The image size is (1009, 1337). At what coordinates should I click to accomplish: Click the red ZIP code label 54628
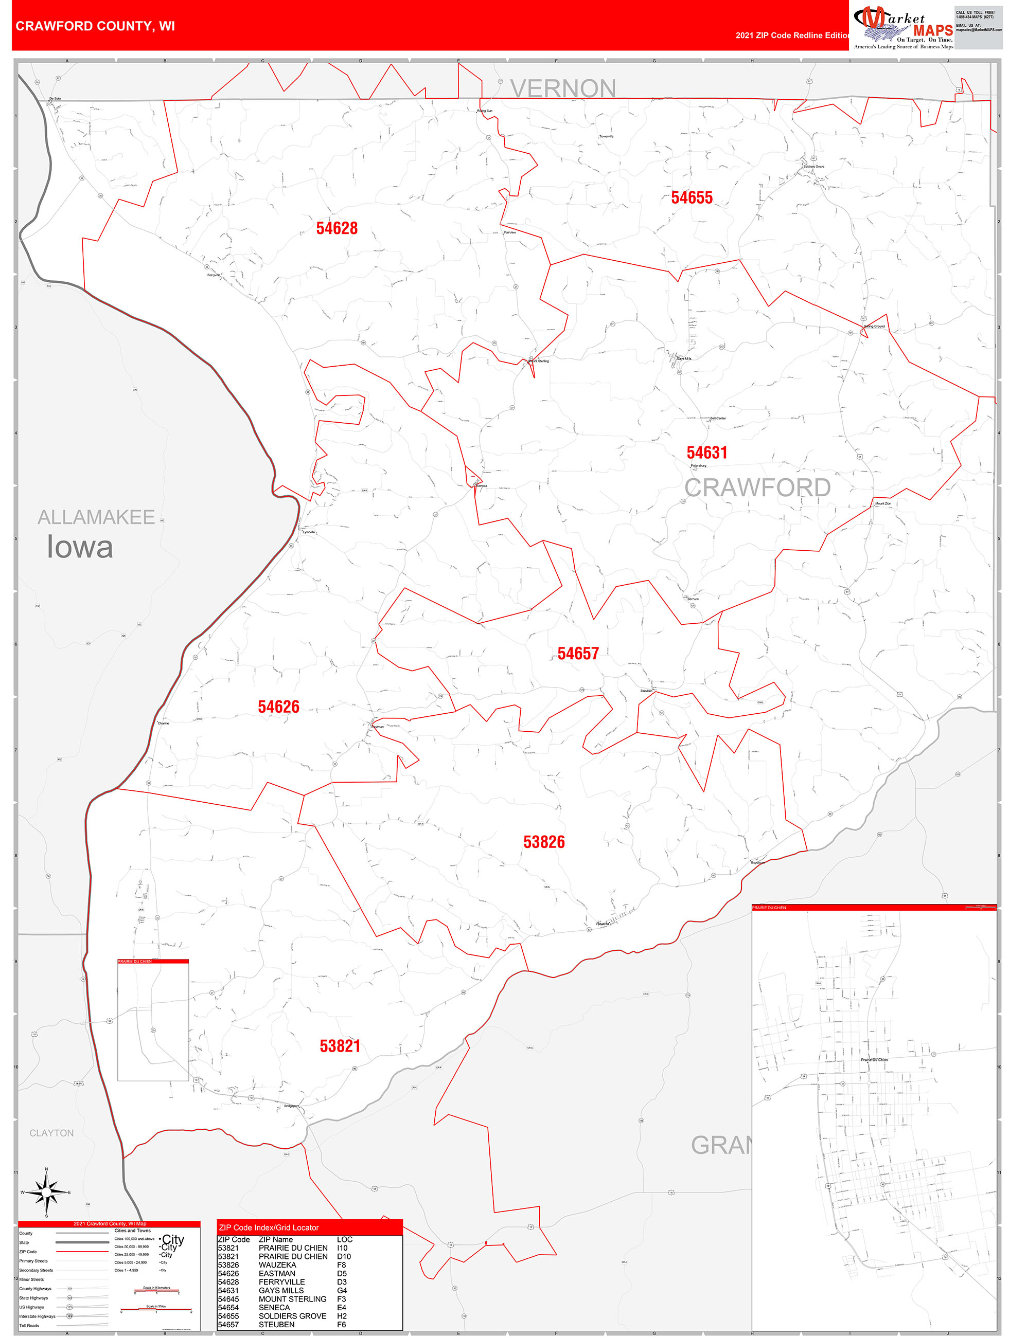click(337, 228)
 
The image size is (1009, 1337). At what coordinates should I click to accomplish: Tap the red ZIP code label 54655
click(692, 197)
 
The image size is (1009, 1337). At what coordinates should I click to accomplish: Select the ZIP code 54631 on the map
click(706, 453)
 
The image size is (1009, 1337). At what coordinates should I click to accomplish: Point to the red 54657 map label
click(578, 654)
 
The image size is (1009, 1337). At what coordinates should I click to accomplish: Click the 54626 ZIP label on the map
click(278, 707)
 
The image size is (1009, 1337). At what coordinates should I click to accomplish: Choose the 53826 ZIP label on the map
click(544, 842)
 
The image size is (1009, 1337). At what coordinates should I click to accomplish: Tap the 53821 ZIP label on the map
click(340, 1046)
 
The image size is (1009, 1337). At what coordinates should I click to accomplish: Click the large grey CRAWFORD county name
click(757, 488)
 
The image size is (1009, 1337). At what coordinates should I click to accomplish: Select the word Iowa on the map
click(80, 547)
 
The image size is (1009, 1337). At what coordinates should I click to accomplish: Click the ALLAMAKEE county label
click(96, 517)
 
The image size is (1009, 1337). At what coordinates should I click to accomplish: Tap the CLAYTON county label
click(51, 1133)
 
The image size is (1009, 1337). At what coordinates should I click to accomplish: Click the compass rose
click(46, 1192)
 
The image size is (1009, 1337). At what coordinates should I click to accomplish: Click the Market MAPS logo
click(902, 27)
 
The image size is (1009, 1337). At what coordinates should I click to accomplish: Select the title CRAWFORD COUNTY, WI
click(95, 26)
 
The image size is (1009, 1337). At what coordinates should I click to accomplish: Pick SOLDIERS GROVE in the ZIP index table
click(292, 1316)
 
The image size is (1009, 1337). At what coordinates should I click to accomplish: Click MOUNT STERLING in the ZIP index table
click(292, 1299)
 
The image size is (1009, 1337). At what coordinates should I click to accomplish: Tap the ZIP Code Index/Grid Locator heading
click(269, 1227)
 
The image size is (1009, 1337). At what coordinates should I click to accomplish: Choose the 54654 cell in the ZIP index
click(228, 1307)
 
